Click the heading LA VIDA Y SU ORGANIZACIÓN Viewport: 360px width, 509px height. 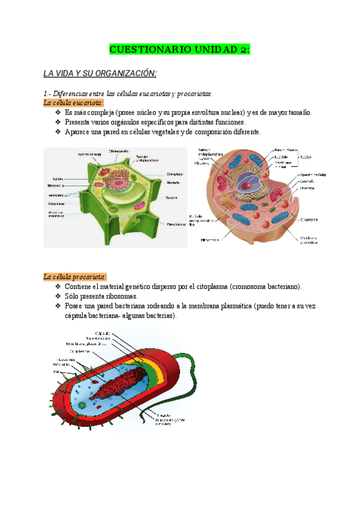click(100, 73)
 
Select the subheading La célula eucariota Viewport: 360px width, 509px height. click(74, 103)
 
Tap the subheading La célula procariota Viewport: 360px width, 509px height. click(75, 277)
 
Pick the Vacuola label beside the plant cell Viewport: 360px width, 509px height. click(172, 197)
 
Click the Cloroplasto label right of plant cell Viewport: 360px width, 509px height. click(175, 174)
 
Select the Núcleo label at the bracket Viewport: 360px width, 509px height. click(306, 155)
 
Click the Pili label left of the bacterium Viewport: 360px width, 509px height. click(56, 372)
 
